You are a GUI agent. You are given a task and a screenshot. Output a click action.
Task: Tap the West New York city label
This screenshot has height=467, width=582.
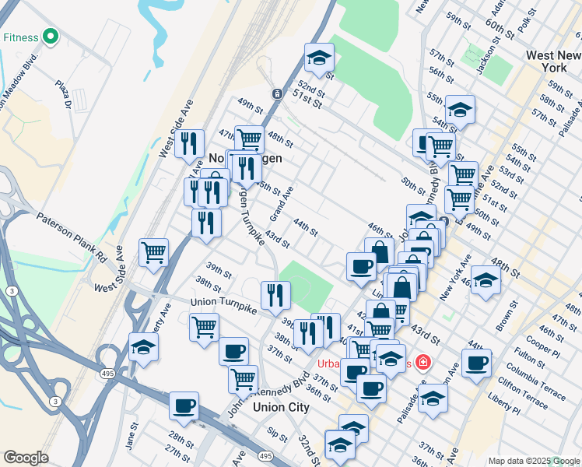(x=552, y=61)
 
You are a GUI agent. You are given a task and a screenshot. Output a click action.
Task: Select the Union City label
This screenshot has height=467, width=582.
(x=281, y=406)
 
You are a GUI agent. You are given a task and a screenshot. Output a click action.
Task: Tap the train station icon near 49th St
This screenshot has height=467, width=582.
(x=277, y=93)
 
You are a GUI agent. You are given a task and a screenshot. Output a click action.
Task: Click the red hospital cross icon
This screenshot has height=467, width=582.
(x=422, y=363)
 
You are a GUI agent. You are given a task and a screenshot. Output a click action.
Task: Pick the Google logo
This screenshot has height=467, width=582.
(x=26, y=458)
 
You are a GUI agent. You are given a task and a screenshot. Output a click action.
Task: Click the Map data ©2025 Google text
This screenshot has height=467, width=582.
(x=533, y=461)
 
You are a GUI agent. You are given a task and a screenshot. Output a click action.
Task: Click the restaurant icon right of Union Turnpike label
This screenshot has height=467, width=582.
(x=275, y=294)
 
